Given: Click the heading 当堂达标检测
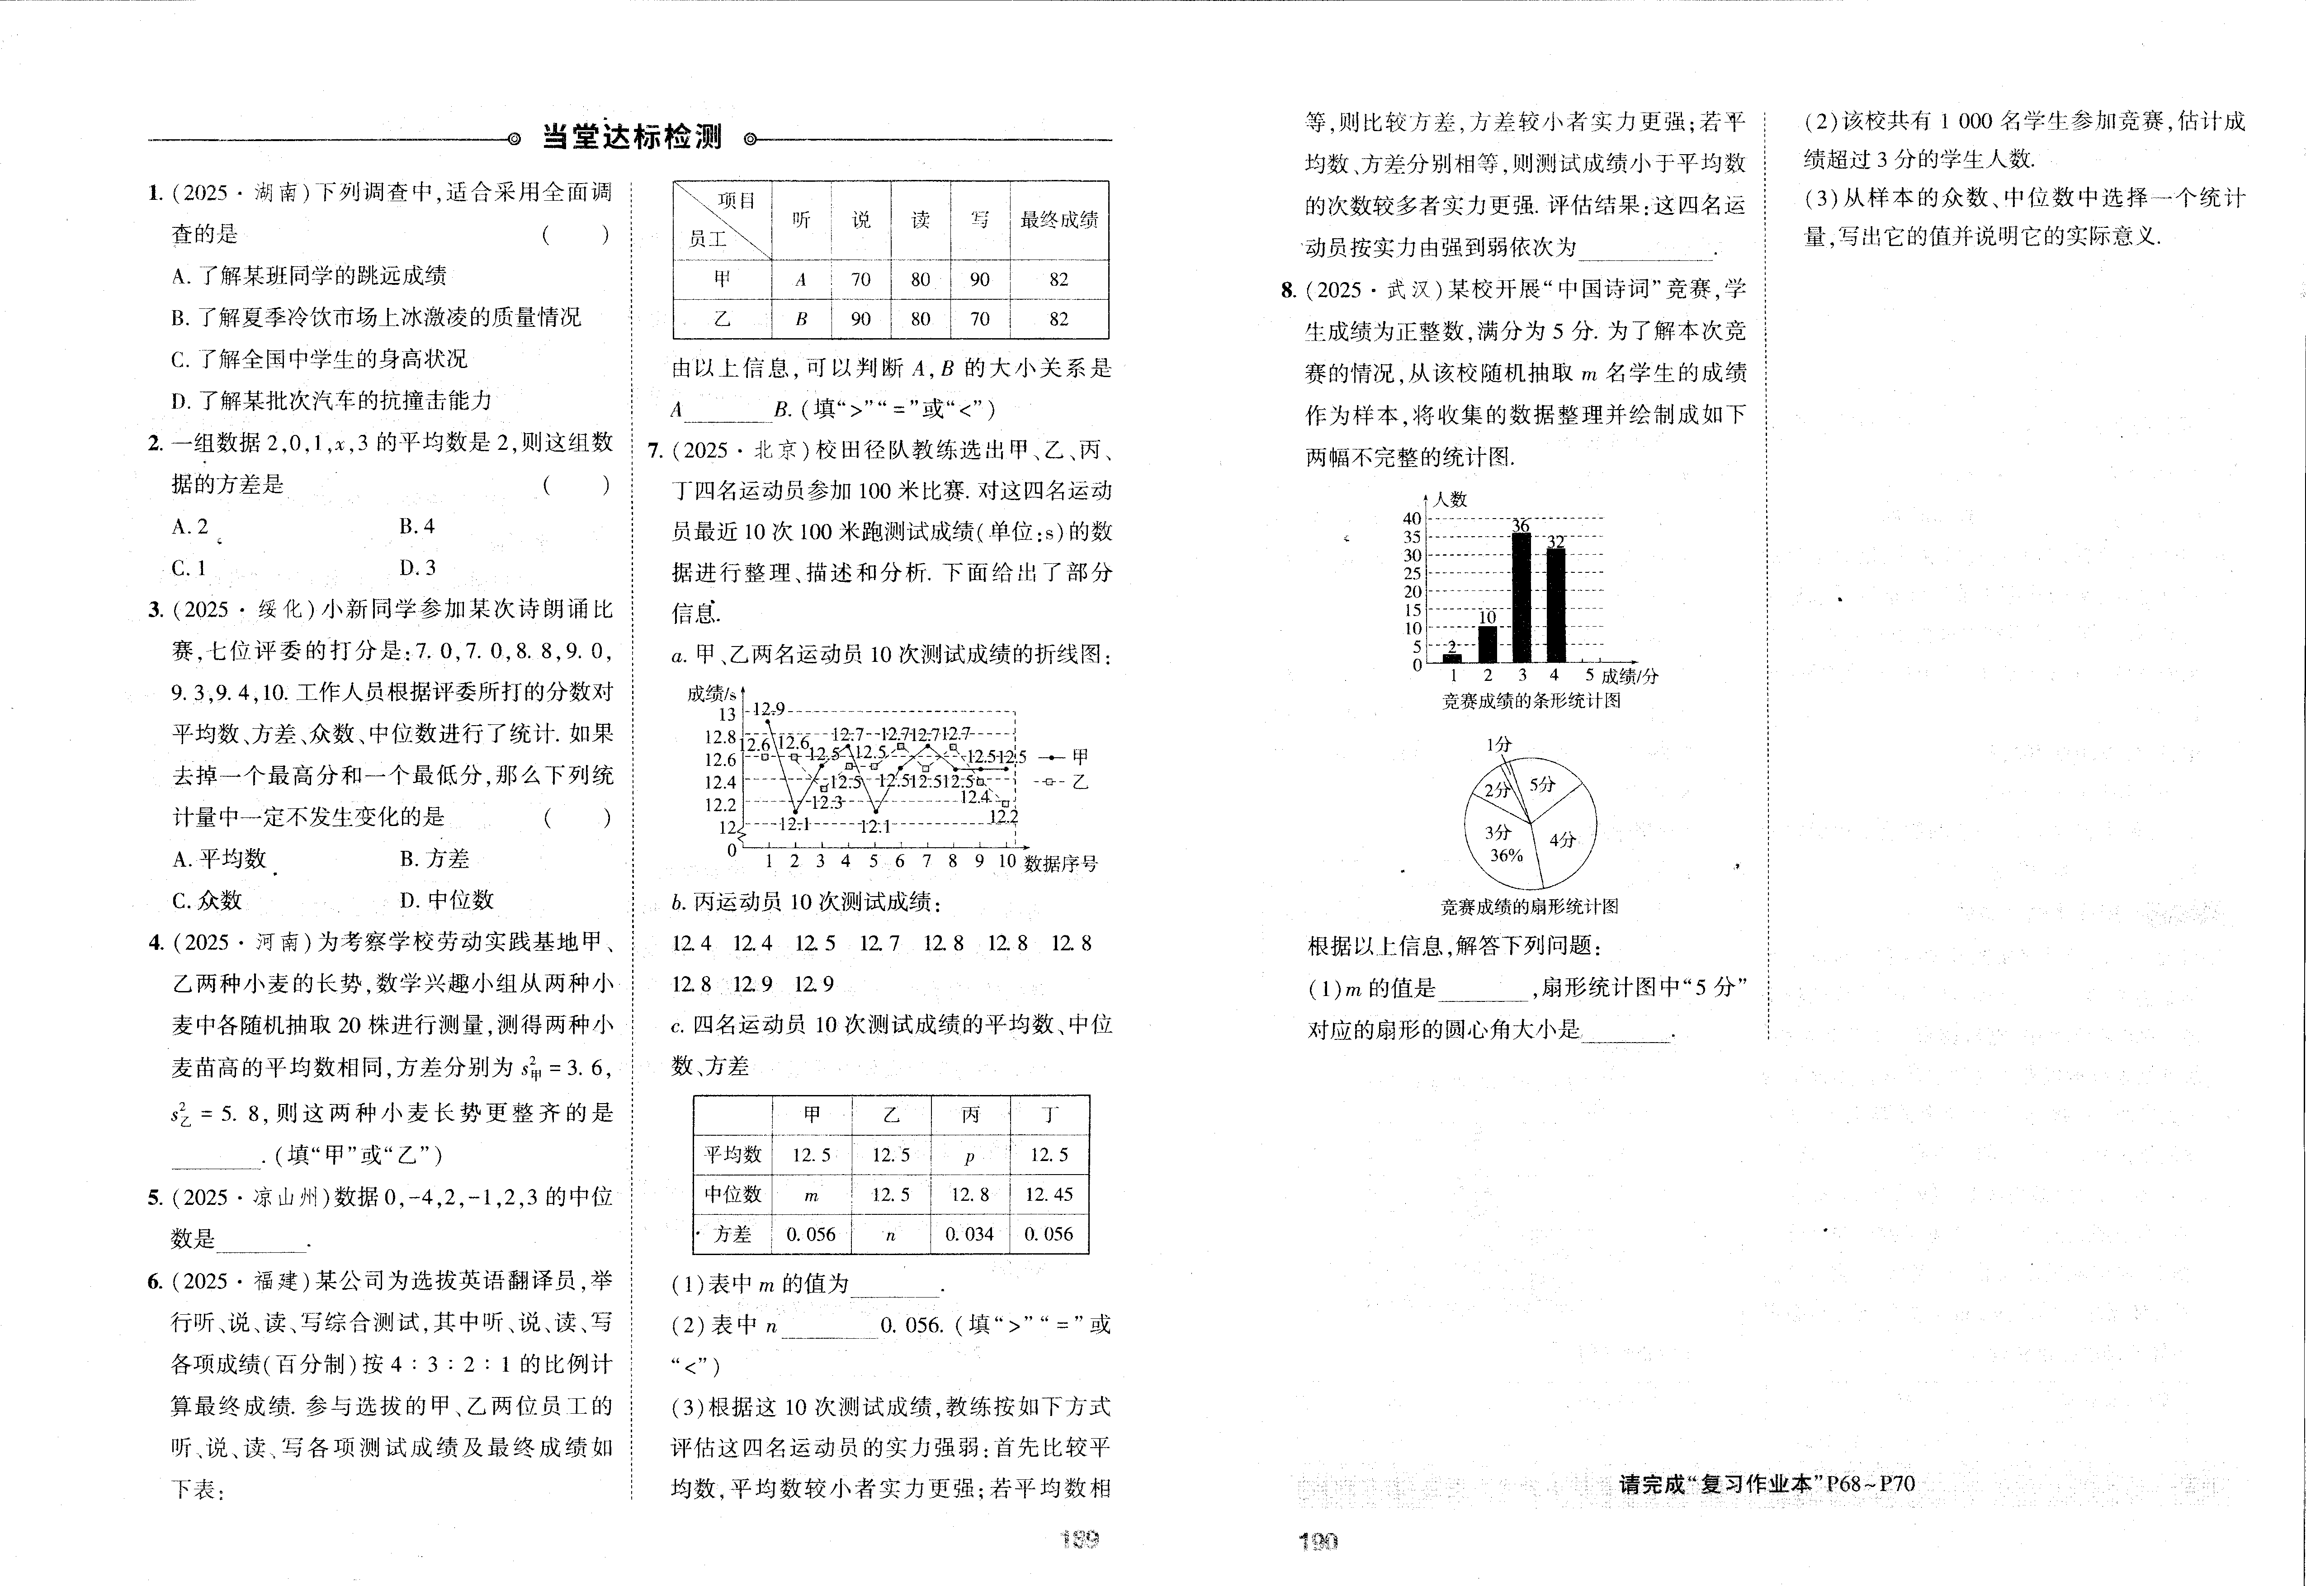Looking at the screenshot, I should coord(632,137).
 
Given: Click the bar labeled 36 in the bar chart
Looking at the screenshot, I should coord(1520,596).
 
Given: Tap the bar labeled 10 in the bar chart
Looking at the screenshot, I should coord(1487,643).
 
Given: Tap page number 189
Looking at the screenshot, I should coord(1080,1539).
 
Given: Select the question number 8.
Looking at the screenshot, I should coord(1289,290).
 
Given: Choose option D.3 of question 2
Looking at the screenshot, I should coord(417,567).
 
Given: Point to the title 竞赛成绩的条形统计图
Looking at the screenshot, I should coord(1531,701).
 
